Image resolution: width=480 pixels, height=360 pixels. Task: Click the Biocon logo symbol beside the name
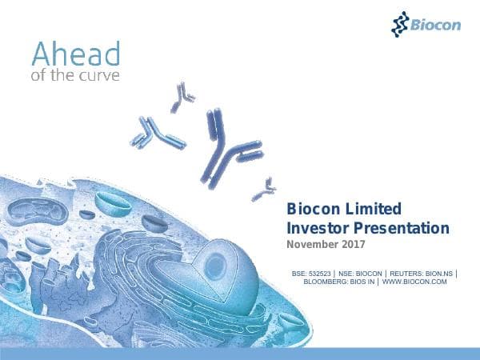400,24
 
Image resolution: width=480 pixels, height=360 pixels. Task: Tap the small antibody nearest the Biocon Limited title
262,190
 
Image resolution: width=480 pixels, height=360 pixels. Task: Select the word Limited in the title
374,210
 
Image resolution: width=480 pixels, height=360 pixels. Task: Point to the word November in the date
310,245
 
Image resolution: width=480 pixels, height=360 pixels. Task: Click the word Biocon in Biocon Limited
315,210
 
